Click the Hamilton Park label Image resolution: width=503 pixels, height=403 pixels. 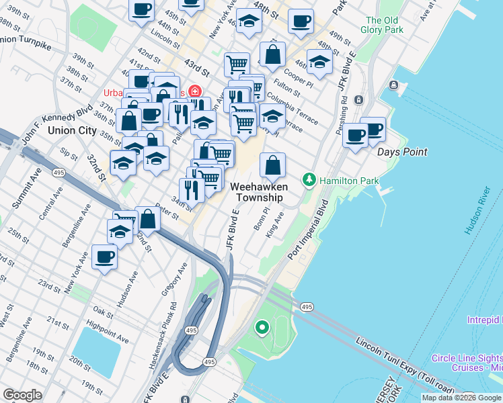click(349, 181)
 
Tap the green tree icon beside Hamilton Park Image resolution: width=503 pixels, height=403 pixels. click(309, 180)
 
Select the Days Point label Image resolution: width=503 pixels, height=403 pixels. click(401, 152)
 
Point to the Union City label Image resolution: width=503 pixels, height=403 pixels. click(72, 130)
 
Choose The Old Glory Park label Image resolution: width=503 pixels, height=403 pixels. click(384, 25)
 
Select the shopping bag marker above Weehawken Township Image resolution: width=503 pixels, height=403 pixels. click(272, 166)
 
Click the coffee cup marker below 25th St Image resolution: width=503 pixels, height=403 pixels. click(104, 257)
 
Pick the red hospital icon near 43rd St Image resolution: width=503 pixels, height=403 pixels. click(195, 91)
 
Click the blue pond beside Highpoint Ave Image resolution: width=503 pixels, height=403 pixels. click(96, 351)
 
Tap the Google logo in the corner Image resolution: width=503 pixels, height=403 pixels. click(22, 395)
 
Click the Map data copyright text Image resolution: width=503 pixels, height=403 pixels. click(461, 398)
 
